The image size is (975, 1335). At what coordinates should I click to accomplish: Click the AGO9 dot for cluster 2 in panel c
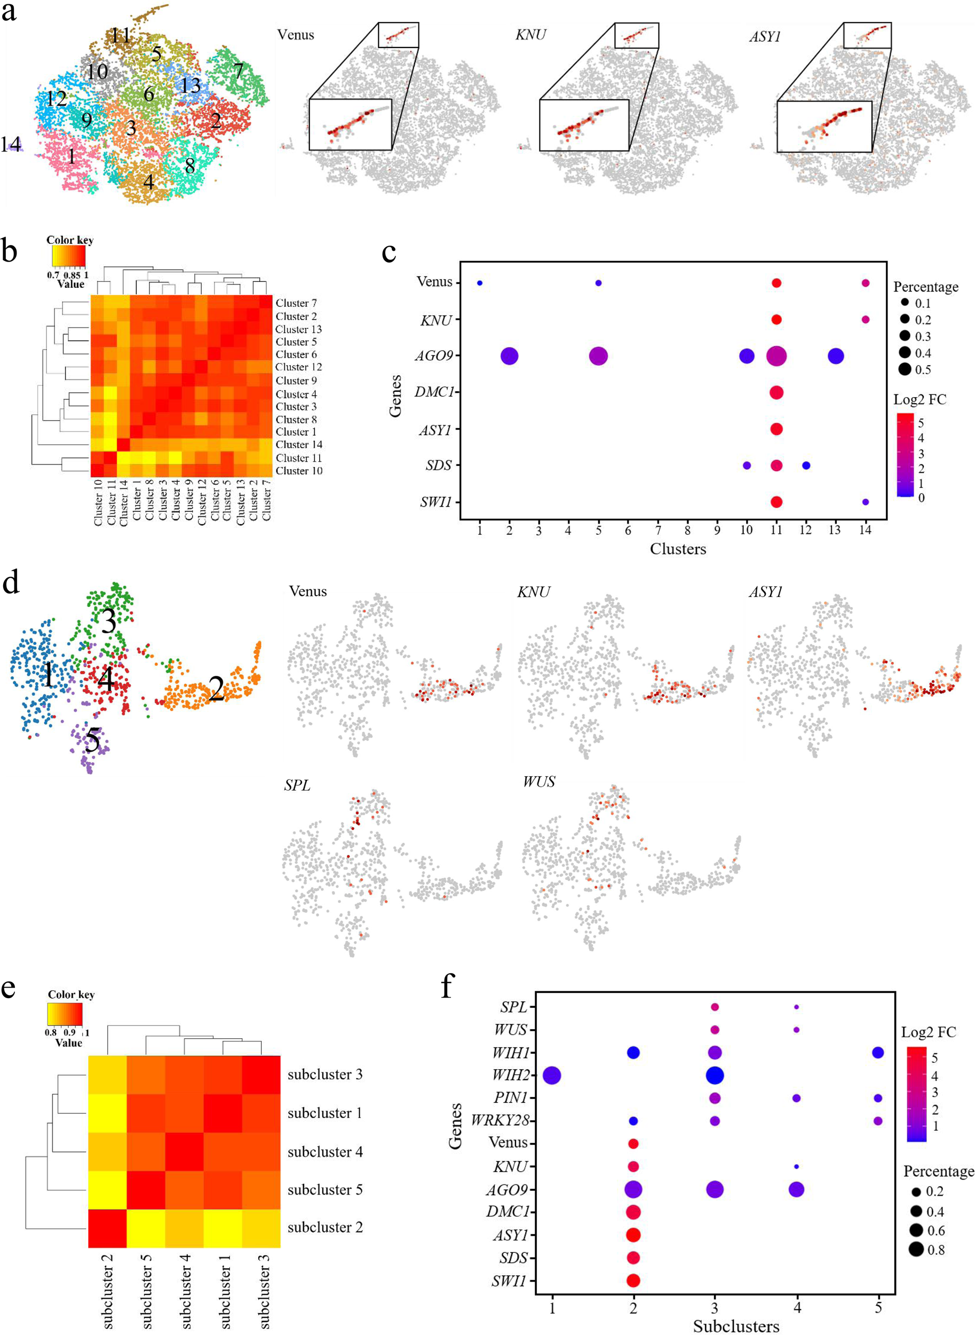509,356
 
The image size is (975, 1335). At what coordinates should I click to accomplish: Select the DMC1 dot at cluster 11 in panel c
776,392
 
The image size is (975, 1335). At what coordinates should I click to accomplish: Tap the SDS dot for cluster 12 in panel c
806,465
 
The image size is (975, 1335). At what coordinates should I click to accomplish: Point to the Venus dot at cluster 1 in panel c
480,283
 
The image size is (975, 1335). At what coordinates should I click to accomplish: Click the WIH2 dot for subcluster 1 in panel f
552,1076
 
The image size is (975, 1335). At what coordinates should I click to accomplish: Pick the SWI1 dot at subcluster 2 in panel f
633,1280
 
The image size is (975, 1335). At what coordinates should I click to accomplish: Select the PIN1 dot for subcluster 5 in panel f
878,1099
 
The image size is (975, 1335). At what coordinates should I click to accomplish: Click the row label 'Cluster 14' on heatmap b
299,445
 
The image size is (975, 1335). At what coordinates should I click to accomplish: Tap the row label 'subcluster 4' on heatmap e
324,1151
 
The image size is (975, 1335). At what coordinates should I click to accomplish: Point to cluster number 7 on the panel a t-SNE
239,72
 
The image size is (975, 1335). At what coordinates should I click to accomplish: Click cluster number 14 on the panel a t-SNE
11,144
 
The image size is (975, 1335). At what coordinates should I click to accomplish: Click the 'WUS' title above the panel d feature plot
539,782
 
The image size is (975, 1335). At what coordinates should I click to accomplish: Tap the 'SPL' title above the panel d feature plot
297,786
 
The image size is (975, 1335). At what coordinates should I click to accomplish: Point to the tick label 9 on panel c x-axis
717,531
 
